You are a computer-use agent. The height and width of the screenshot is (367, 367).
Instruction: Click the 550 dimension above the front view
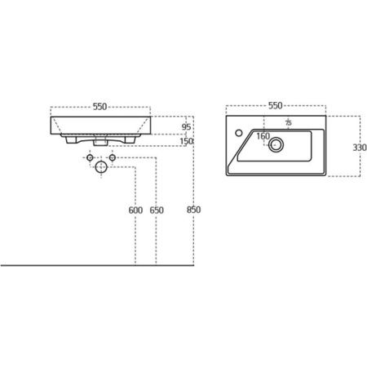pyautogui.click(x=100, y=107)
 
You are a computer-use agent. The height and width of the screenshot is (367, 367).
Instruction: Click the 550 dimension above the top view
pyautogui.click(x=276, y=105)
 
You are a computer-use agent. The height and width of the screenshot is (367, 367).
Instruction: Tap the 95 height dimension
pyautogui.click(x=186, y=127)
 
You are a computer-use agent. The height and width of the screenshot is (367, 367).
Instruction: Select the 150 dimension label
pyautogui.click(x=187, y=141)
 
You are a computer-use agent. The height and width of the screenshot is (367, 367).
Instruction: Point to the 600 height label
pyautogui.click(x=135, y=210)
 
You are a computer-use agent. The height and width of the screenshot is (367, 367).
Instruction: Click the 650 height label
pyautogui.click(x=157, y=210)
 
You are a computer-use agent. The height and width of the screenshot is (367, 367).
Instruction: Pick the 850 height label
pyautogui.click(x=193, y=210)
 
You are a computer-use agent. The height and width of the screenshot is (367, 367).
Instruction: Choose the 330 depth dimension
pyautogui.click(x=360, y=148)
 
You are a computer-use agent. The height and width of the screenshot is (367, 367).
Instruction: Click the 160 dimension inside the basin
pyautogui.click(x=263, y=136)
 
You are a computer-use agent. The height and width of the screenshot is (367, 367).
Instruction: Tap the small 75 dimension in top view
pyautogui.click(x=289, y=122)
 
